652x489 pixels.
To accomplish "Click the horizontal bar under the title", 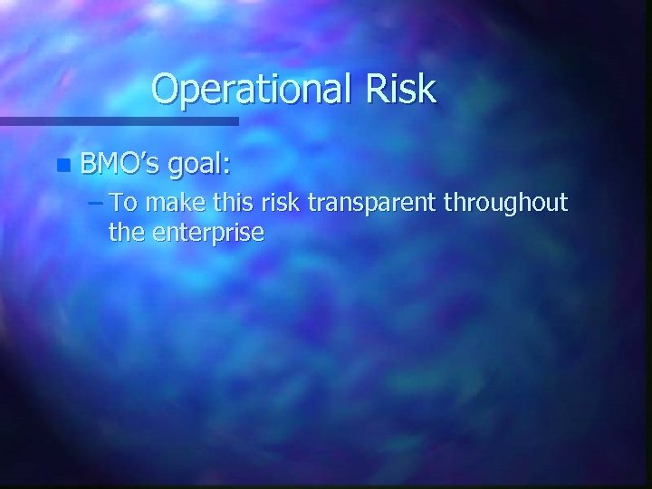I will tap(119, 120).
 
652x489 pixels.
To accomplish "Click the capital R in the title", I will tap(374, 89).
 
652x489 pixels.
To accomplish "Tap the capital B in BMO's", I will tap(88, 164).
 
